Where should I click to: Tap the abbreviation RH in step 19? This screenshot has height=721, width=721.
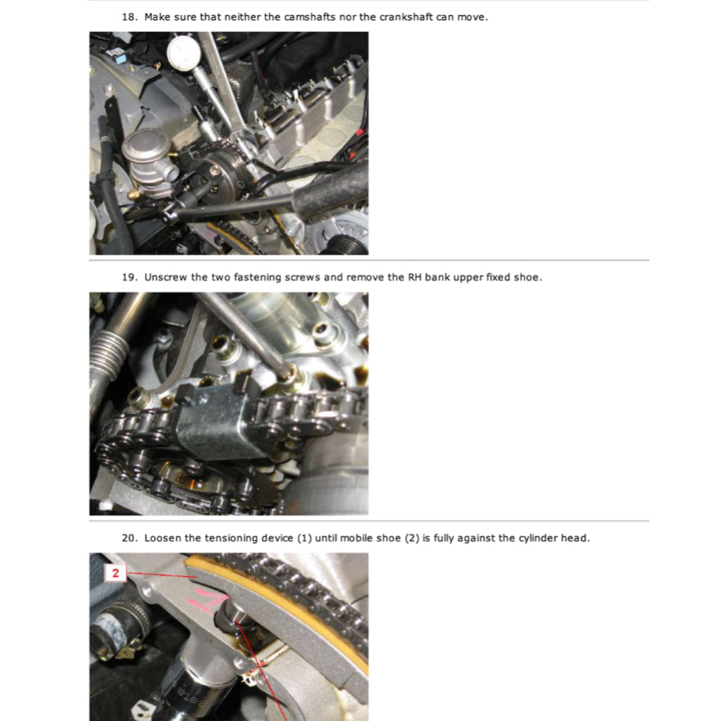point(415,277)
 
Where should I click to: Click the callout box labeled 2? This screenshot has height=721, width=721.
point(115,573)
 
